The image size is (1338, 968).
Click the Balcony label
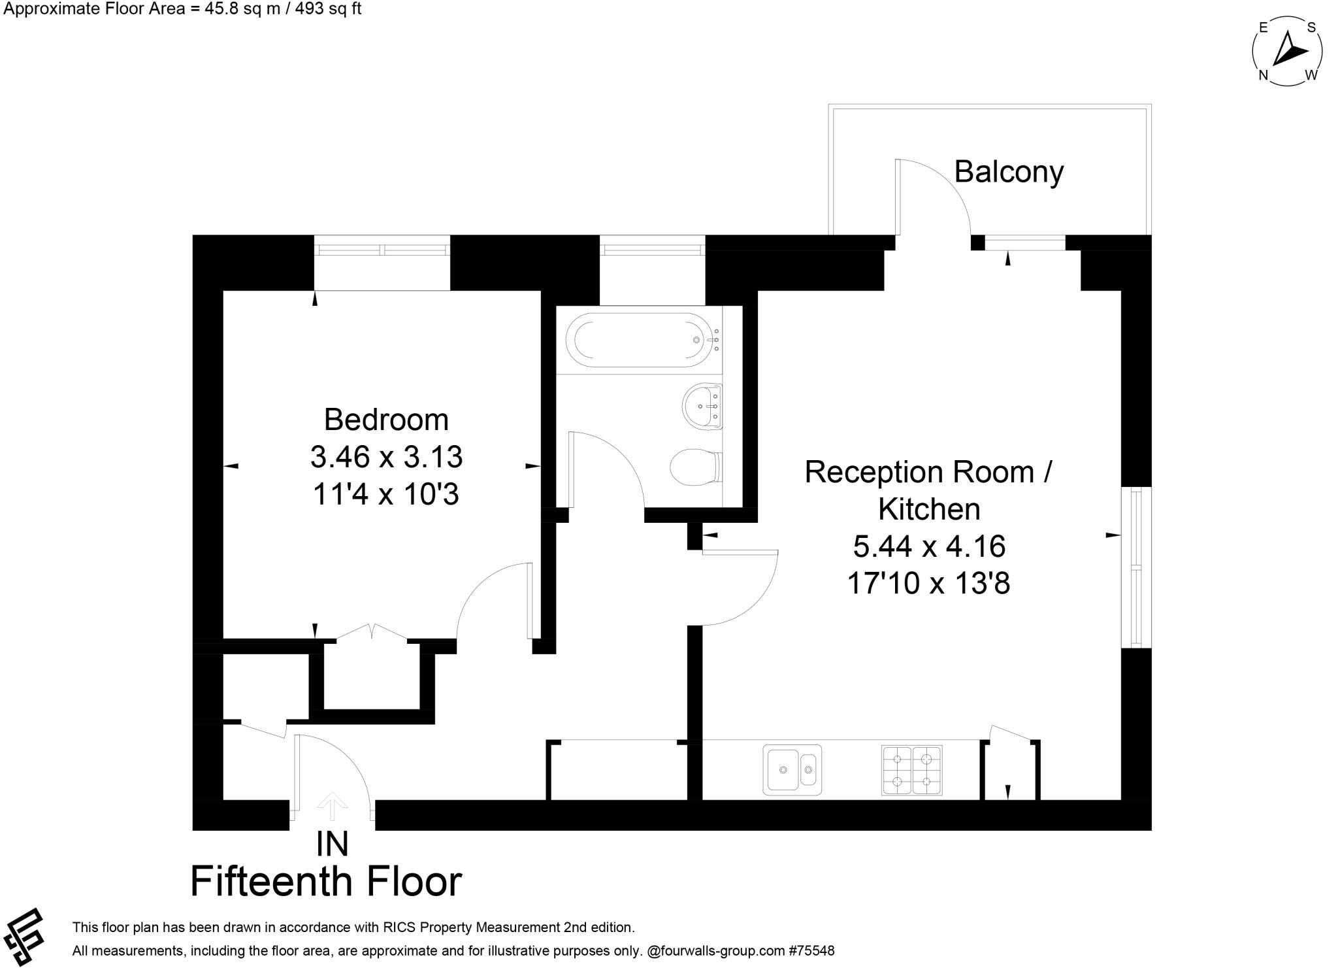[x=1009, y=172]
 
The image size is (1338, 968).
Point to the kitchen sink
[x=792, y=769]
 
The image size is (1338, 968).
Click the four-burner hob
[x=911, y=770]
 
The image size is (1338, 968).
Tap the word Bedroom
[x=386, y=420]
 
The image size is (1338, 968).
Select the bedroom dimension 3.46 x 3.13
[x=386, y=457]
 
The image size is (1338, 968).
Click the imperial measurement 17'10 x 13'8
[x=928, y=583]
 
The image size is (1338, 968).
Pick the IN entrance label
[x=332, y=844]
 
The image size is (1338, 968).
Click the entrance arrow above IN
[x=332, y=805]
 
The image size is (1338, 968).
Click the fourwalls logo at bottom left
[x=24, y=936]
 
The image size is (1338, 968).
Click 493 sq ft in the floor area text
[x=325, y=9]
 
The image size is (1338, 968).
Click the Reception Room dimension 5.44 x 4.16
[x=928, y=546]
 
